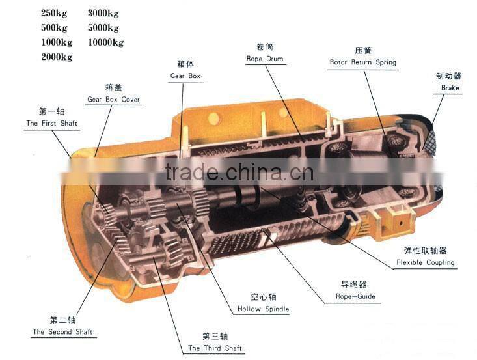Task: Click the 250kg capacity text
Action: coord(54,13)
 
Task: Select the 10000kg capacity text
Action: coord(105,42)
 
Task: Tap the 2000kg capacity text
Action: coord(56,57)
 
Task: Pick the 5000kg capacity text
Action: coord(103,27)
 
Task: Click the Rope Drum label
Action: coord(265,59)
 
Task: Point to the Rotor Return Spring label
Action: coord(362,63)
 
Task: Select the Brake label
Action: coord(450,88)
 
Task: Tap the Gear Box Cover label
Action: coord(113,100)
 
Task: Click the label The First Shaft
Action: coord(51,123)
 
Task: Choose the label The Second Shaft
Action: coord(62,332)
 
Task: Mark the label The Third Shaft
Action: coord(215,348)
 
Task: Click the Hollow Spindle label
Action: coord(263,309)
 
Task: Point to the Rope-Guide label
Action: coord(355,297)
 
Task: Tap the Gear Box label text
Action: coord(185,76)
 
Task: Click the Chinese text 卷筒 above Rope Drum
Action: coord(265,47)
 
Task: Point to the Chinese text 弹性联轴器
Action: coord(425,251)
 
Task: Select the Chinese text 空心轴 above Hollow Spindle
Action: coord(263,297)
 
